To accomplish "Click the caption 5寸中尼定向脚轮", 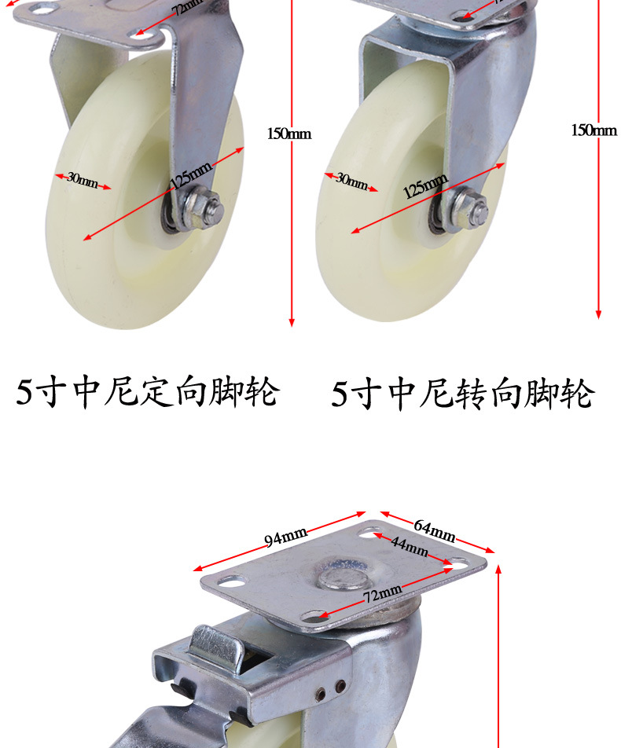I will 148,392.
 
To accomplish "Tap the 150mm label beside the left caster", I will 288,134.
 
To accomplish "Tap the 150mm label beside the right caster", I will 593,130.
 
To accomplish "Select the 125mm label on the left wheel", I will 191,181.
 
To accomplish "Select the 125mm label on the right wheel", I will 425,186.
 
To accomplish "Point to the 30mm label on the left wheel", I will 83,180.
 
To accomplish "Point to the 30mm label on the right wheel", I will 351,181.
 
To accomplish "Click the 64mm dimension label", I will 435,532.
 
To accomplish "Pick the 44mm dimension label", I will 410,547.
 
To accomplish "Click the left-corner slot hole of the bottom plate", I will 231,582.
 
